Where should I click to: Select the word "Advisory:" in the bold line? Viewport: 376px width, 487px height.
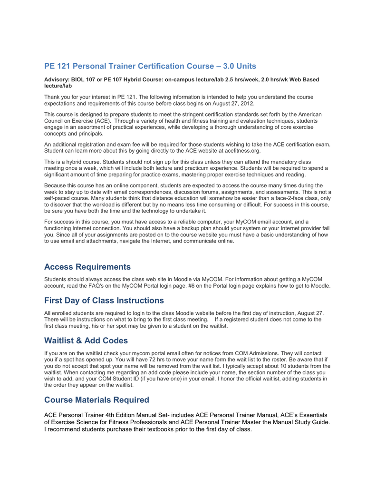57,80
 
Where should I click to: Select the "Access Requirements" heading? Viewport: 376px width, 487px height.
87,267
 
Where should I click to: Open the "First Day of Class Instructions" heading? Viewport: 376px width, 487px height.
104,301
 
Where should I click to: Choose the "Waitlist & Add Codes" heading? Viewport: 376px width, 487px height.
86,341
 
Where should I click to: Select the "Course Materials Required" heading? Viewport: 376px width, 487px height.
96,400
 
